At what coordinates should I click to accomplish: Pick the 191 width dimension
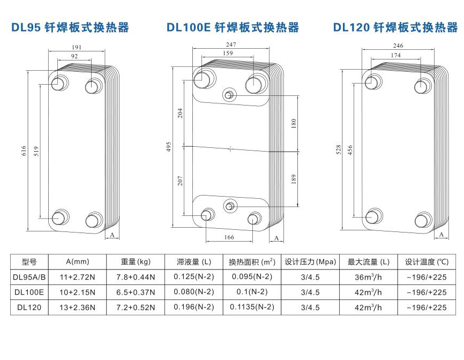77,47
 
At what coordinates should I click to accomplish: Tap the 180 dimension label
293,123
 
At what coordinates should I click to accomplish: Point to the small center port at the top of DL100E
229,95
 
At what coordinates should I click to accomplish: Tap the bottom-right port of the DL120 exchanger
423,219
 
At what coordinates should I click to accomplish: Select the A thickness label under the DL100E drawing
276,237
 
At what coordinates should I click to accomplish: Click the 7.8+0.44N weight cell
135,277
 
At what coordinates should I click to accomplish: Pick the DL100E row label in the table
29,292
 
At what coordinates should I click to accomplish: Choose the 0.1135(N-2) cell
252,307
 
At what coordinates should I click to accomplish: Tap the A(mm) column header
78,262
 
